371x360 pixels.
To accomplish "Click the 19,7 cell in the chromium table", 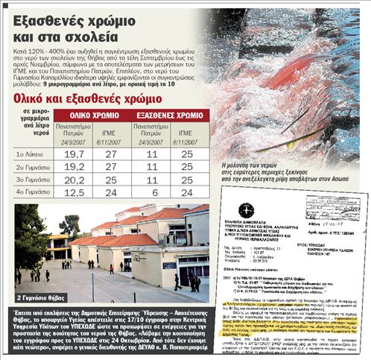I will (x=74, y=154).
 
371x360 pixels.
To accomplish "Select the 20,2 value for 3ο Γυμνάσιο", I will (x=74, y=179).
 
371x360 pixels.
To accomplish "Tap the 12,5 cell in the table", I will (x=74, y=192).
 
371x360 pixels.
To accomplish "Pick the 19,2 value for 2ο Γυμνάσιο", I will (x=74, y=166).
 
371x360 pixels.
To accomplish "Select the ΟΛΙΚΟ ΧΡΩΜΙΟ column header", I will (x=94, y=116).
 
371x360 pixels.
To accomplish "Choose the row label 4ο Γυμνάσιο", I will (x=31, y=192).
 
